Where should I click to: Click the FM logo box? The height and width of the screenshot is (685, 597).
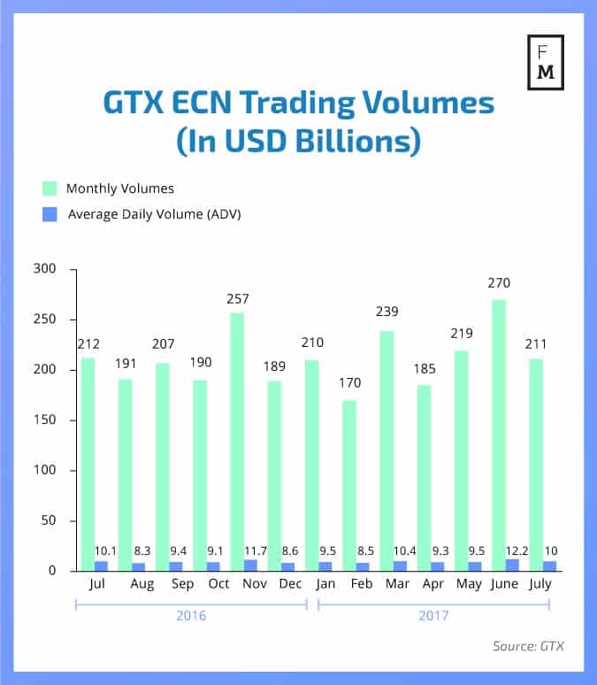[546, 65]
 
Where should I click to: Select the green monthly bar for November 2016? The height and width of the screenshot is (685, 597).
[237, 443]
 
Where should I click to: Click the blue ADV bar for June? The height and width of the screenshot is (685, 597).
[512, 565]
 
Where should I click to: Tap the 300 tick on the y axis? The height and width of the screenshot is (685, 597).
[43, 269]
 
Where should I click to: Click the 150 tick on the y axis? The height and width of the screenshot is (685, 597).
[43, 420]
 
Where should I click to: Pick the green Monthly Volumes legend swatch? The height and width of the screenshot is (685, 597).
[50, 188]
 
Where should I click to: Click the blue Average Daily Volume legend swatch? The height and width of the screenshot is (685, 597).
[50, 213]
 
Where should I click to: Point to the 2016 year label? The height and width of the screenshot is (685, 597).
[191, 614]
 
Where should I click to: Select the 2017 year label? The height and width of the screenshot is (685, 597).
[433, 614]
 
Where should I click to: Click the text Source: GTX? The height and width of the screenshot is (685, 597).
[527, 646]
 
